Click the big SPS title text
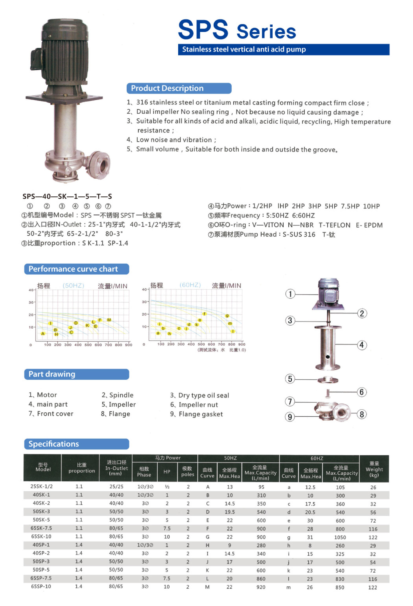point(203,29)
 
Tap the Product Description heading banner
point(179,88)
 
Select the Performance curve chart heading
point(77,269)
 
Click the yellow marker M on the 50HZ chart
point(109,320)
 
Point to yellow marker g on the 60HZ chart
point(227,316)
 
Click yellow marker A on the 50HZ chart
point(43,334)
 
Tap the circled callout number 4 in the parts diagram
point(362,345)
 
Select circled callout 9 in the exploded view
point(290,417)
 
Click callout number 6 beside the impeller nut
point(362,392)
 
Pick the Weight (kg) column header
point(374,469)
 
